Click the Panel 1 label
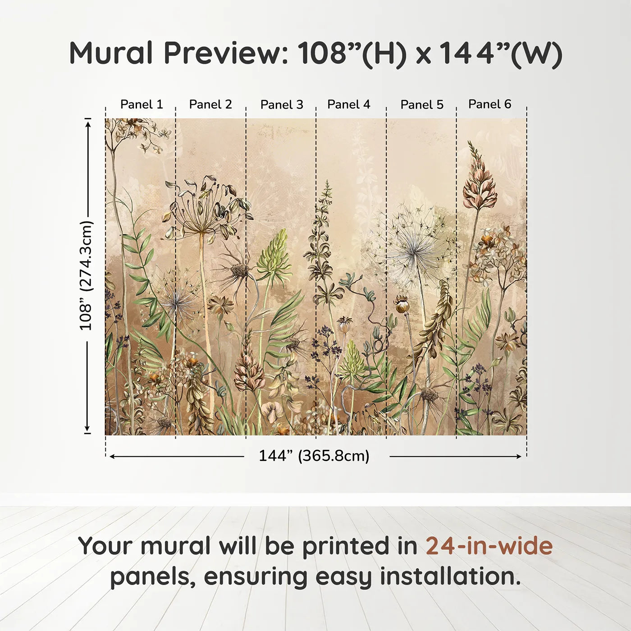pos(142,105)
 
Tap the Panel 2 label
pos(210,105)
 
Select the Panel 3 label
pos(282,105)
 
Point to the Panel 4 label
pos(348,105)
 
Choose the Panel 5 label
pos(422,105)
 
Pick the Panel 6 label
pos(489,104)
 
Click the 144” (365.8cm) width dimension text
pos(314,456)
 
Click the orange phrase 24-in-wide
pos(489,546)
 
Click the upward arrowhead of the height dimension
pos(88,123)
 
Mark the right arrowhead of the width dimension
pos(519,457)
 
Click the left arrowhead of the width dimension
pos(112,457)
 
